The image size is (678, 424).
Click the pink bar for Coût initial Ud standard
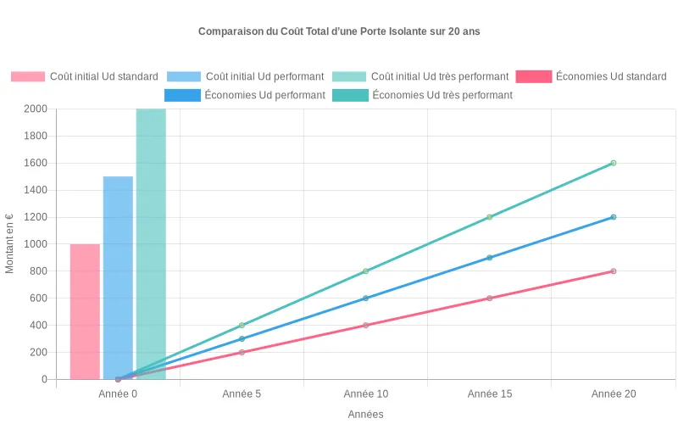click(x=85, y=311)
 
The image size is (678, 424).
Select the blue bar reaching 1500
click(x=118, y=277)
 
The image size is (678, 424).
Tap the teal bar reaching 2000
click(x=151, y=244)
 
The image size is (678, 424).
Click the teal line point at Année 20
click(x=613, y=163)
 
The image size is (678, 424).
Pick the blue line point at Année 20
click(x=613, y=217)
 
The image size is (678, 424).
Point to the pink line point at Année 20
click(x=613, y=271)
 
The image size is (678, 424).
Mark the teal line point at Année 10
click(x=365, y=271)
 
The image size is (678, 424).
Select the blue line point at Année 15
click(x=489, y=258)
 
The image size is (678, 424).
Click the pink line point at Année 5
click(x=242, y=352)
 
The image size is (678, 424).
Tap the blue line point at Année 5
click(x=242, y=338)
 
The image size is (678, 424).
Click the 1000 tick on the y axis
click(x=34, y=244)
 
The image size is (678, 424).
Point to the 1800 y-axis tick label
click(x=34, y=136)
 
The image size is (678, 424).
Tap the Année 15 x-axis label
click(x=489, y=394)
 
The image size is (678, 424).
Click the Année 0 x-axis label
click(x=118, y=394)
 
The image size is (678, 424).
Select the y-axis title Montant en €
click(x=10, y=244)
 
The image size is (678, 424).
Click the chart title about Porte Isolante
click(x=339, y=31)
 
